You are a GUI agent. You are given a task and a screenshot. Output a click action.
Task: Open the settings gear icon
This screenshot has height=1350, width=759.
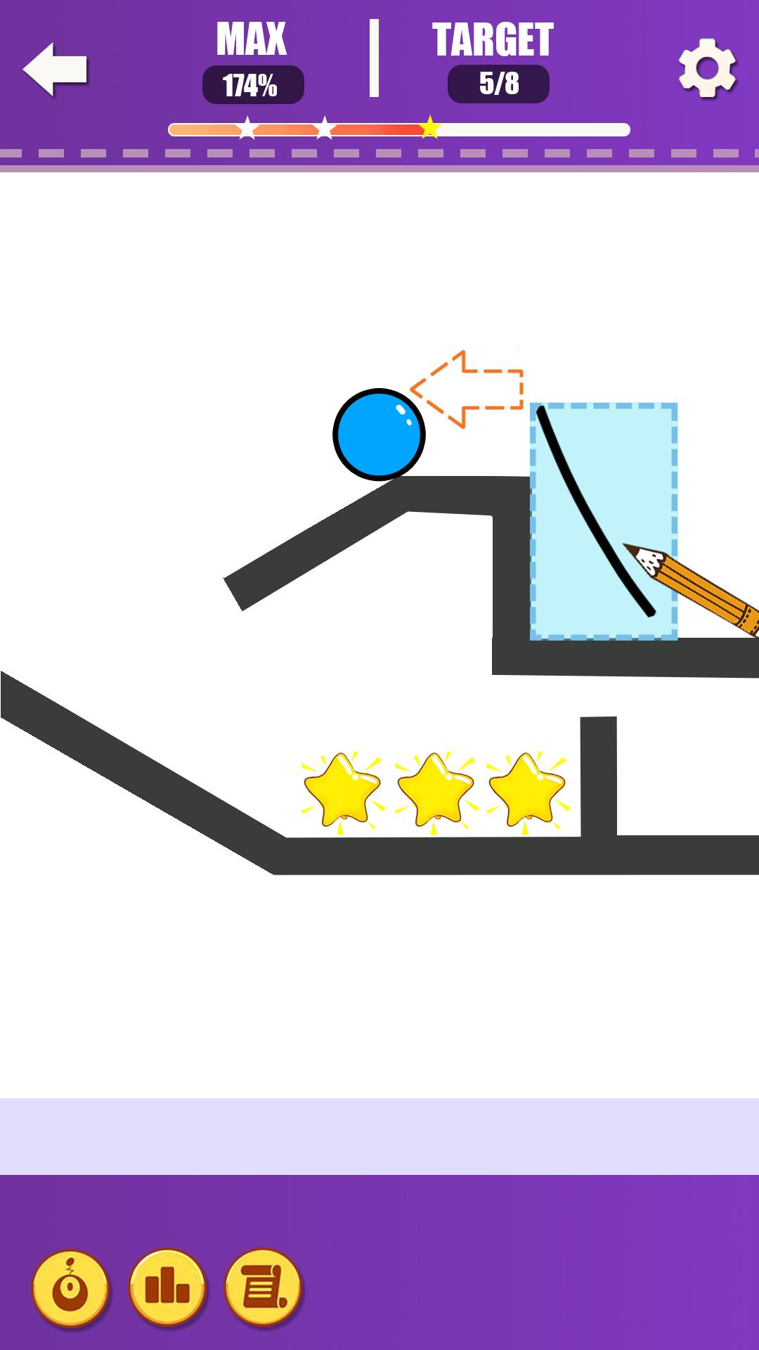[707, 68]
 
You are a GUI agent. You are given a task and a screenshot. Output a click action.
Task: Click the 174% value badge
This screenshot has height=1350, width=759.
[253, 85]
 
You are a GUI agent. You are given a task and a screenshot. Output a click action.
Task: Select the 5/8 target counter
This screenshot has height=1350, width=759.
[498, 84]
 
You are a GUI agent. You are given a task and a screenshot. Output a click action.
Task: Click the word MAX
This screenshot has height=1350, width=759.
[252, 39]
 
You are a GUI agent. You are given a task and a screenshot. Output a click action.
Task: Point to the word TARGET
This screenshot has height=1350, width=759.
[493, 39]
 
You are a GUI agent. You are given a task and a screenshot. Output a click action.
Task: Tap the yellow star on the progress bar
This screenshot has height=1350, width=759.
[429, 128]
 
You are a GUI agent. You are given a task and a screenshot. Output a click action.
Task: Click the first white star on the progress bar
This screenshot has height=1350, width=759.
[247, 128]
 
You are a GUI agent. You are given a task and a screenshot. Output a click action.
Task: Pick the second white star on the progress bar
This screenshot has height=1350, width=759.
[324, 128]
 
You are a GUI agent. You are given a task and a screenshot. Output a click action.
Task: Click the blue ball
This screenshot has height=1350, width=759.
[379, 435]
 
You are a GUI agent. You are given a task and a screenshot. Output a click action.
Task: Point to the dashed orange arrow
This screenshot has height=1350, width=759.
[467, 390]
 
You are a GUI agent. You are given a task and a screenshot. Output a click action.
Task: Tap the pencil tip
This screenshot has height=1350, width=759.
[625, 545]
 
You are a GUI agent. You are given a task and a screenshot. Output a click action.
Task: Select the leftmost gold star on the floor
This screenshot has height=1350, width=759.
[341, 790]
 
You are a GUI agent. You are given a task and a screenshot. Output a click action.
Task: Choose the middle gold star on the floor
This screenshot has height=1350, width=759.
[435, 790]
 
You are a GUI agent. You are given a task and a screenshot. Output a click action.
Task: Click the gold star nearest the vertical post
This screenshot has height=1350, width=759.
[526, 790]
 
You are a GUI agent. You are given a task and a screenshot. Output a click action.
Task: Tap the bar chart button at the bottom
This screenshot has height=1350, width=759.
[167, 1287]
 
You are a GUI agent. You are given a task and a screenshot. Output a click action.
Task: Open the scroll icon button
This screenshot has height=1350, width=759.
[263, 1287]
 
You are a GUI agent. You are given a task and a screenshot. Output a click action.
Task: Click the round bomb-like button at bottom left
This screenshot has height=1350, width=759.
[70, 1288]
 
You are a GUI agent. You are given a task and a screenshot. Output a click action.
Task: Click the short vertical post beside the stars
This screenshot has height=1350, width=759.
[599, 777]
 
